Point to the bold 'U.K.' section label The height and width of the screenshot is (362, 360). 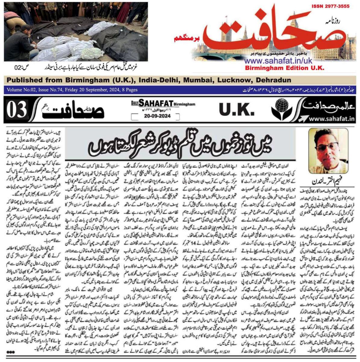coord(236,110)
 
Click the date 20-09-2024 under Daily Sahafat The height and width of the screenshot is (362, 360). coord(157,116)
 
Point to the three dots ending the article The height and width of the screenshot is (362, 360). coord(11,351)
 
